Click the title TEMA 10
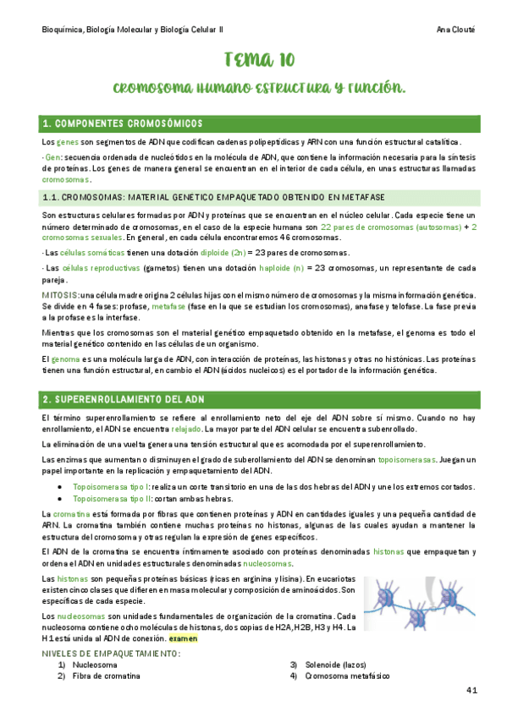point(259,59)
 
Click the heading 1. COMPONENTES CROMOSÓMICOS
point(123,123)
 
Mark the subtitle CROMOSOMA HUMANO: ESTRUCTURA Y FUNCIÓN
point(259,88)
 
